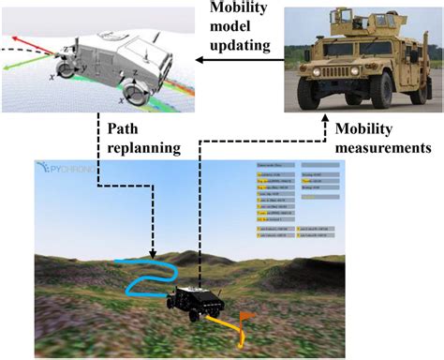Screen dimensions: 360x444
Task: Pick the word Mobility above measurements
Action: pyautogui.click(x=366, y=128)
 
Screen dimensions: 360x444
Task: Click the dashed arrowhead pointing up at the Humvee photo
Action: pyautogui.click(x=325, y=121)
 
